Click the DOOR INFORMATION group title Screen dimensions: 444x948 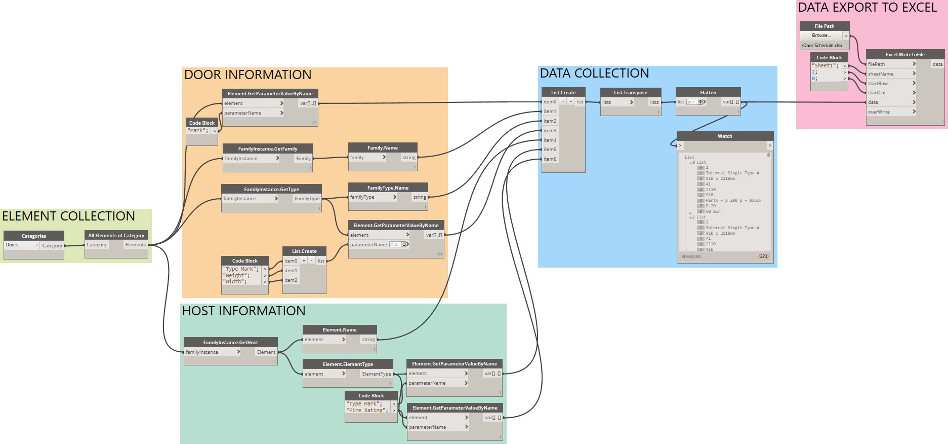248,75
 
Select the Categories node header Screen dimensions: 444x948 34,236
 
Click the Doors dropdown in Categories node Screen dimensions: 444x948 21,245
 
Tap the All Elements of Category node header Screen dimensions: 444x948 116,235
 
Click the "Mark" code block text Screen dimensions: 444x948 197,131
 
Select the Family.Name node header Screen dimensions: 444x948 383,148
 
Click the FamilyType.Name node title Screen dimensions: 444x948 388,188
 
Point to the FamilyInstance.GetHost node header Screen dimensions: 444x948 230,342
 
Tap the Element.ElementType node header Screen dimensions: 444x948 348,364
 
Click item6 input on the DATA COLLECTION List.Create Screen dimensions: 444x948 550,159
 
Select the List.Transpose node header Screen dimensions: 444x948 630,93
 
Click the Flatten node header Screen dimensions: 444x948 708,93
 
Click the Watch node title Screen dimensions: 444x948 724,136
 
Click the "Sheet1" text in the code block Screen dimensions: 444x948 825,66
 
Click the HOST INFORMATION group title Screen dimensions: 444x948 243,311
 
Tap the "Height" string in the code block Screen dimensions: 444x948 237,275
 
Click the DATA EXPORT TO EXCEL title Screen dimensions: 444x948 867,8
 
